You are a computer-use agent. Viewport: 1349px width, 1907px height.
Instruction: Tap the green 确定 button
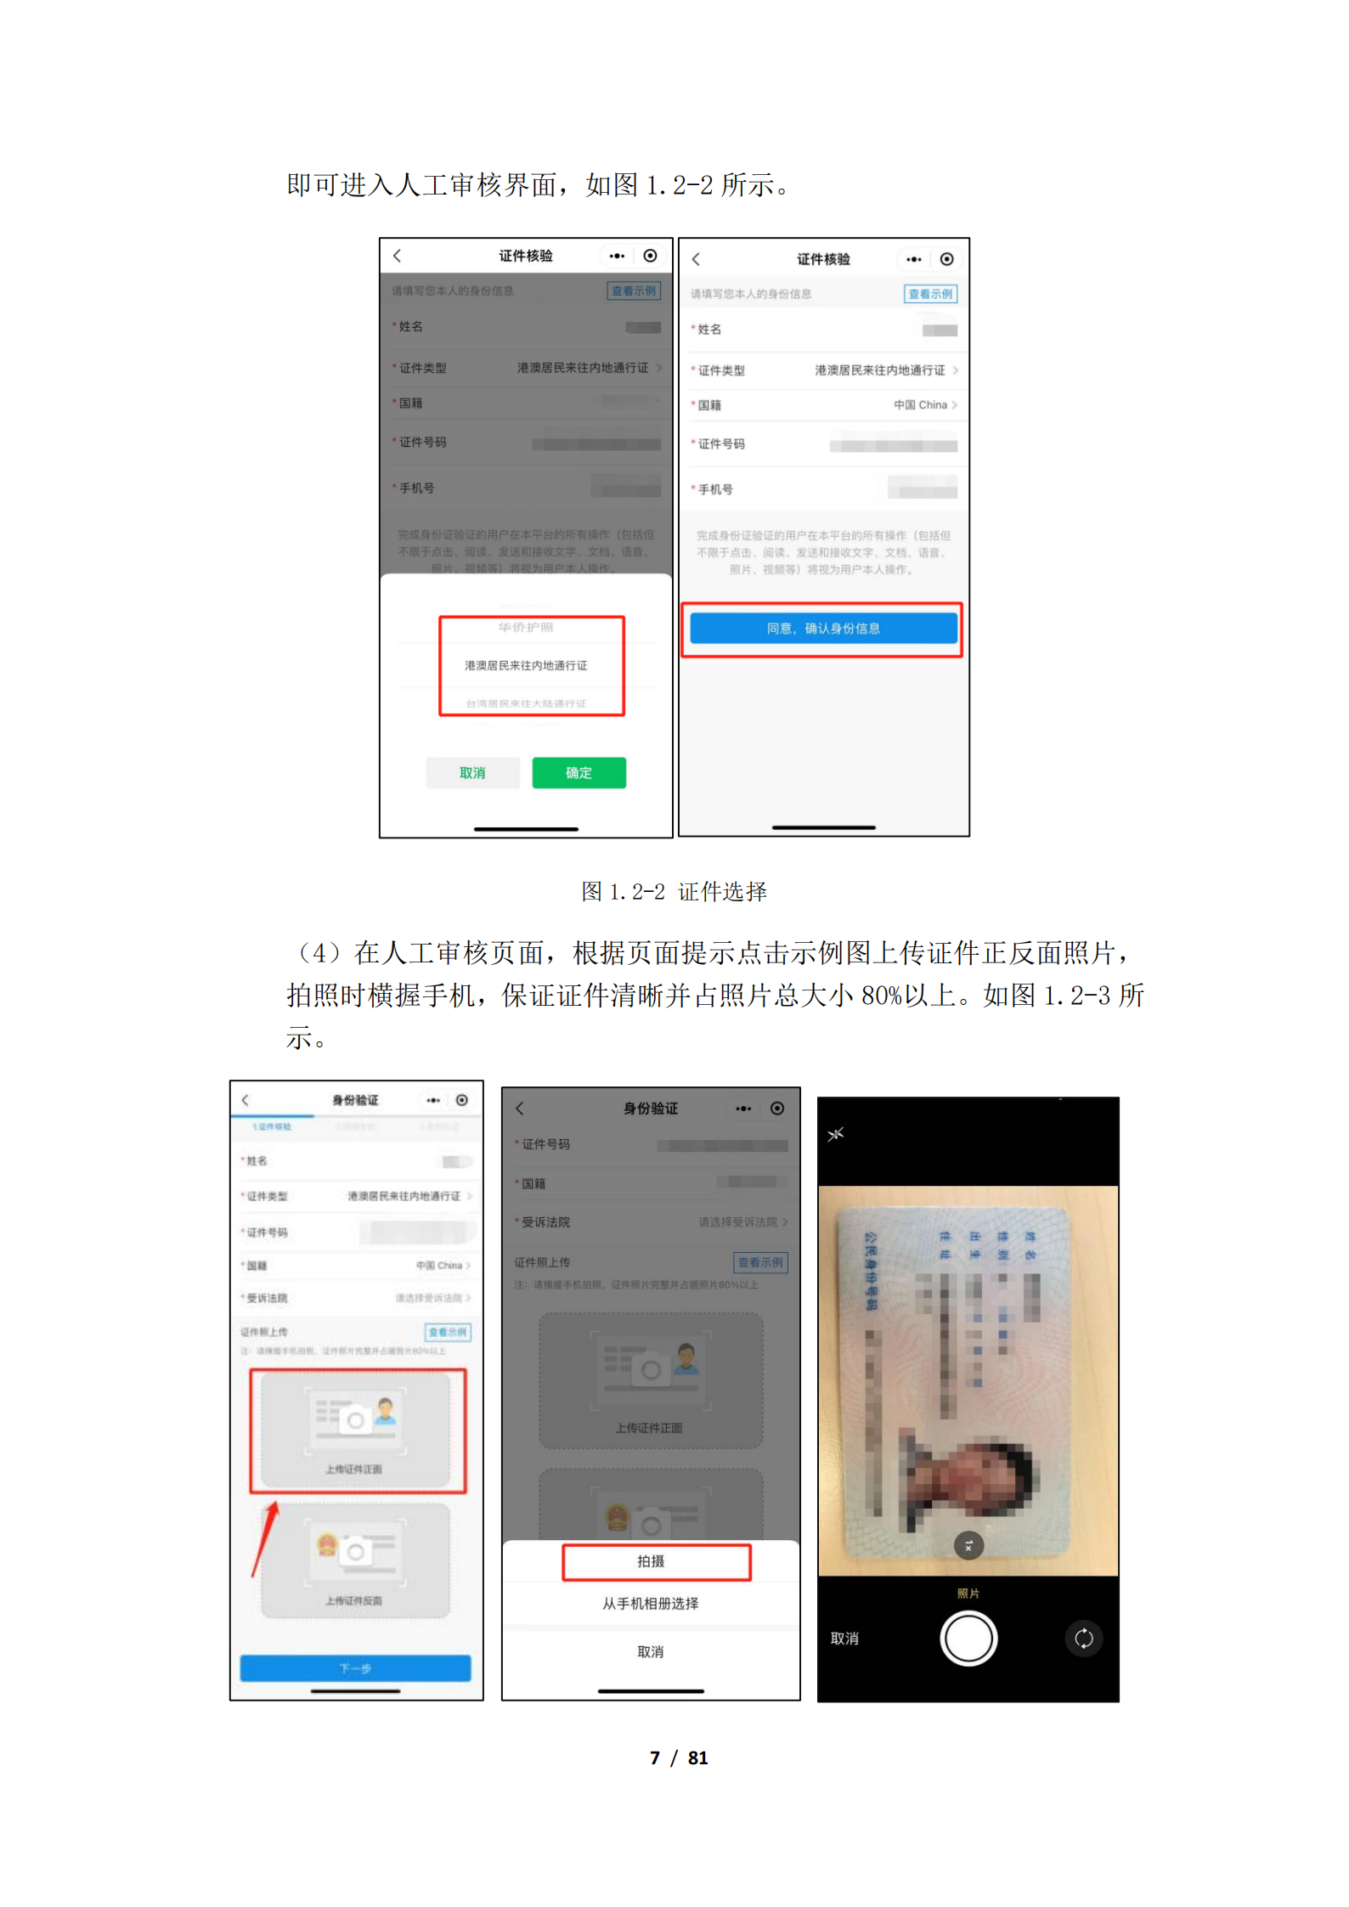coord(579,772)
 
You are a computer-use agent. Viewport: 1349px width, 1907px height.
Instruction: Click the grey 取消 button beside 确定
coord(472,773)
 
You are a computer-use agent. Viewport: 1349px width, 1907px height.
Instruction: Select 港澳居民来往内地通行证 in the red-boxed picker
coord(526,665)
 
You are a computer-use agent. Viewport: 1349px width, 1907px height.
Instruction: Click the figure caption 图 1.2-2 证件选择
coord(674,891)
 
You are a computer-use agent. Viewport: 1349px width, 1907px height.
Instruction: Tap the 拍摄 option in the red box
coord(652,1561)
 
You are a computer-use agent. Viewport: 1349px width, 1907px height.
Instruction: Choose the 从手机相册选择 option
coord(651,1603)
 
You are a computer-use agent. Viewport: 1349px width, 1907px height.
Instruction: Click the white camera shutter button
coord(968,1639)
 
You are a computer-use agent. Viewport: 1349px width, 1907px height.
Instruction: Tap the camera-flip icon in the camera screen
coord(1083,1639)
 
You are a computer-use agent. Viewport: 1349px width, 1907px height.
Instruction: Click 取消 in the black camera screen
coord(844,1639)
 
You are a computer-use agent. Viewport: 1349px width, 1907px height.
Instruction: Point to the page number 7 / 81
coord(678,1757)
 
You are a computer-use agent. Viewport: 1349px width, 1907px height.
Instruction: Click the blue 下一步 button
coord(355,1668)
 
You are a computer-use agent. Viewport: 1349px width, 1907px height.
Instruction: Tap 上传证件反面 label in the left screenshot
coord(354,1600)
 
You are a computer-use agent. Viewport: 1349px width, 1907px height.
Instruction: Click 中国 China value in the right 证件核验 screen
coord(921,405)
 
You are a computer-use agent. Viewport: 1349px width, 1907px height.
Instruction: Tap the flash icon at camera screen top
coord(836,1134)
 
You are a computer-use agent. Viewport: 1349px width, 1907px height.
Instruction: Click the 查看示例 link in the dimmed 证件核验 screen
coord(634,291)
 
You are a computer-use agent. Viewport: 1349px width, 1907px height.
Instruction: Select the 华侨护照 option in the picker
coord(526,627)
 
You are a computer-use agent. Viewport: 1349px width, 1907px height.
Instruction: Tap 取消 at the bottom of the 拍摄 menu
coord(651,1652)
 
